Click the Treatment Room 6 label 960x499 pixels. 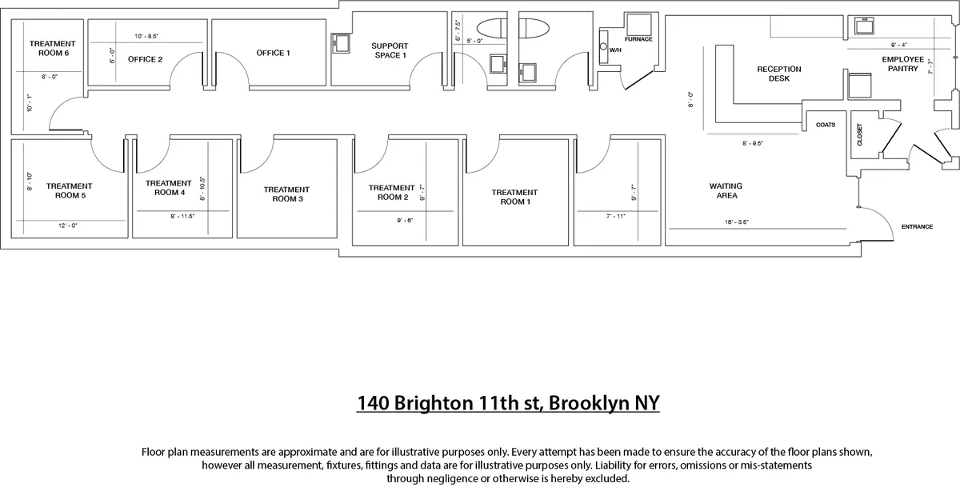click(52, 48)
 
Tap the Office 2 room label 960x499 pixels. click(146, 59)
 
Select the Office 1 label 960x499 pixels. click(274, 54)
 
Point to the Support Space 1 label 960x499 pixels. click(390, 50)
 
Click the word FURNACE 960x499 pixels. click(638, 39)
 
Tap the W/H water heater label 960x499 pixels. click(615, 50)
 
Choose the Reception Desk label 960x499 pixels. click(778, 74)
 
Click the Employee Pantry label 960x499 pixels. click(903, 64)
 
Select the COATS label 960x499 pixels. click(826, 125)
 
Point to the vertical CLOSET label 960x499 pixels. click(860, 134)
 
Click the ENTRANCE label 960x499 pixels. click(917, 227)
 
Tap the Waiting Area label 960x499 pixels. click(726, 190)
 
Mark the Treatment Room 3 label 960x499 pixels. click(286, 194)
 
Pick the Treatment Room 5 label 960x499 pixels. click(70, 190)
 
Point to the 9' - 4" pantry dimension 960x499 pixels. click(898, 45)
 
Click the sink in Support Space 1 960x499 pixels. click(340, 42)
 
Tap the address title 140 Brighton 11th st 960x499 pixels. click(508, 402)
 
